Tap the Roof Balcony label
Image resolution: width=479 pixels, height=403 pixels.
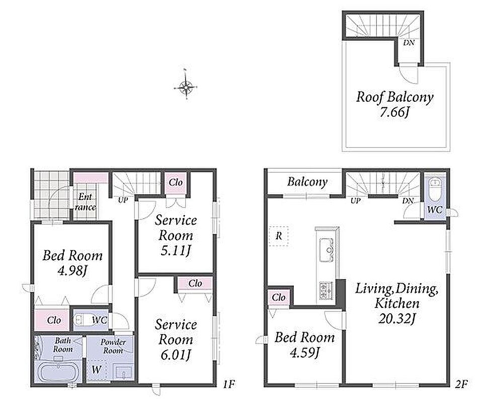point(394,97)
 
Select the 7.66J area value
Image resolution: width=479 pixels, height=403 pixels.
point(394,112)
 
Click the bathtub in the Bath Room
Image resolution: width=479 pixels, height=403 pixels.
point(58,371)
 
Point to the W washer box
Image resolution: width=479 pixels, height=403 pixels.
point(97,370)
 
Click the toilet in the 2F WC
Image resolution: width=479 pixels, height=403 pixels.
point(434,189)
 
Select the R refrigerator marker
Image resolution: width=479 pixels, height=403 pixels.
point(279,236)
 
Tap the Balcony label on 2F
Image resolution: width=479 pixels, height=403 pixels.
point(307,182)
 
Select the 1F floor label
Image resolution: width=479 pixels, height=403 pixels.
point(228,384)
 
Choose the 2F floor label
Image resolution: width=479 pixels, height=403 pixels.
point(461,384)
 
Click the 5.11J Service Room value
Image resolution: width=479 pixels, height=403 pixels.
point(176,251)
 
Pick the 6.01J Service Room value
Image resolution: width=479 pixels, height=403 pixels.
point(176,355)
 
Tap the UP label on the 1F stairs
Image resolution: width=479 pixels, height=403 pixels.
point(123,200)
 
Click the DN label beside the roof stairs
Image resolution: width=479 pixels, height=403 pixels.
point(409,43)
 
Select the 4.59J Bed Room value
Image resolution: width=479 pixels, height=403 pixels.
point(304,353)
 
